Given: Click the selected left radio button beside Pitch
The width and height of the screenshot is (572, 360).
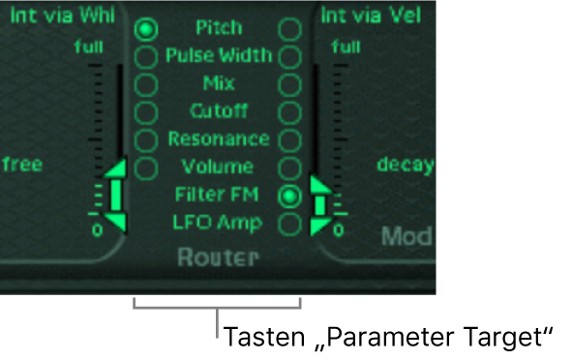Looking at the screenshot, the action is [x=146, y=30].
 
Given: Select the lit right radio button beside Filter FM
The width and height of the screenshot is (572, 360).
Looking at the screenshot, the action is [x=288, y=196].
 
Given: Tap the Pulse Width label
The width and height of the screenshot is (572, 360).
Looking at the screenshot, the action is [x=219, y=55].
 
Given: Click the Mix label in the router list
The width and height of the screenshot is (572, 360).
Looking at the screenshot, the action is [x=219, y=82].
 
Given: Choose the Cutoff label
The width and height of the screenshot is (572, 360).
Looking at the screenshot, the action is [x=219, y=110].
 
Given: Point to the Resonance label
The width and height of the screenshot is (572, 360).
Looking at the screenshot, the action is [x=219, y=138].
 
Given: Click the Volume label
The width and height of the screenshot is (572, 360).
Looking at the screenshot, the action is [x=219, y=166].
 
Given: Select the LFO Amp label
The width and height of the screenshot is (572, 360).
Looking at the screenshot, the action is [x=219, y=223].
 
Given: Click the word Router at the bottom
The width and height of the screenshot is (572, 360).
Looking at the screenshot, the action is [x=219, y=257].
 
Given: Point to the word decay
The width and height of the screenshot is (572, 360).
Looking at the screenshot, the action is [x=406, y=164].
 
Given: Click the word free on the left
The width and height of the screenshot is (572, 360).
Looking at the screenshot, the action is [x=21, y=164].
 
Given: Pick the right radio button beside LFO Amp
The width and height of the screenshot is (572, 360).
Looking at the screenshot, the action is [x=288, y=224].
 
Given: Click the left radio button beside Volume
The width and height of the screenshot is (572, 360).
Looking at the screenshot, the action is [x=146, y=168].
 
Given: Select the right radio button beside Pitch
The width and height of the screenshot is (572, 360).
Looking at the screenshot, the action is [x=288, y=29].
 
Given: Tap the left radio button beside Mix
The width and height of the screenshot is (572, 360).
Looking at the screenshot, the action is [x=146, y=84].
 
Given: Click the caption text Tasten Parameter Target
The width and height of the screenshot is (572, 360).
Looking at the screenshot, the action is [x=387, y=338].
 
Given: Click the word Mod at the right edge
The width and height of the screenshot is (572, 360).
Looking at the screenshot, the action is [x=407, y=236].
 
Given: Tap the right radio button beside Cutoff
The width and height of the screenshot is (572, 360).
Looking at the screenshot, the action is [x=288, y=112].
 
